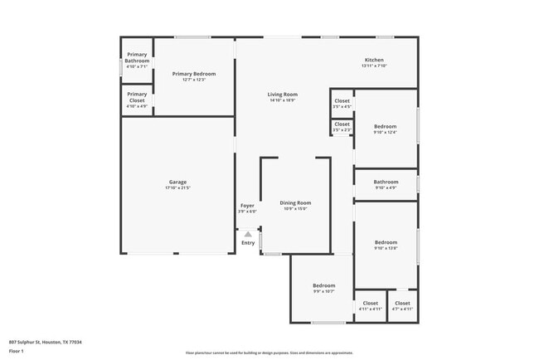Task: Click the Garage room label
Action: tap(177, 182)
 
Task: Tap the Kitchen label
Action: tap(374, 61)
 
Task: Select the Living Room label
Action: tap(282, 95)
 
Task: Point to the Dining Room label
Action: tap(295, 202)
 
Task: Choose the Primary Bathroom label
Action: tap(137, 57)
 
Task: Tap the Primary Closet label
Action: tap(137, 97)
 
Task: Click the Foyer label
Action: tap(247, 206)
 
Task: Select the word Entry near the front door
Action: tap(248, 243)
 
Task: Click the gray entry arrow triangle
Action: tap(247, 235)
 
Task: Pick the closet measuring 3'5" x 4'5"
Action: tap(342, 101)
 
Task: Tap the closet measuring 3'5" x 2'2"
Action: tap(342, 124)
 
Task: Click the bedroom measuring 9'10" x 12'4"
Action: tap(386, 127)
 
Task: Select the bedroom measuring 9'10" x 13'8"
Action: tap(386, 242)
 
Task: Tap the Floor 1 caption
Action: tap(17, 351)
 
